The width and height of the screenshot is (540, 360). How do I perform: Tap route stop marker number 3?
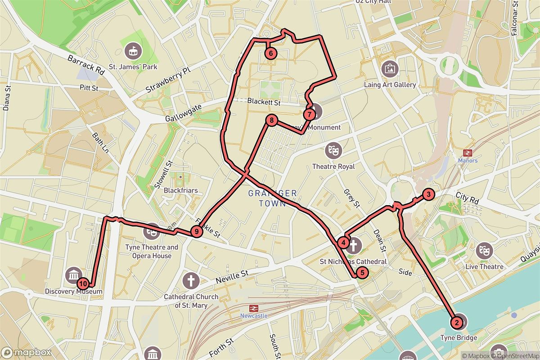coord(428,195)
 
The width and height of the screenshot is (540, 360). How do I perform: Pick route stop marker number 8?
coord(272,121)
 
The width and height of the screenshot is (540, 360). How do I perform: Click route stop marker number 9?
coord(195,232)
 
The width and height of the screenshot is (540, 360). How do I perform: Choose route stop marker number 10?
coord(83,284)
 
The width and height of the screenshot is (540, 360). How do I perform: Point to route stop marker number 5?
coord(362,272)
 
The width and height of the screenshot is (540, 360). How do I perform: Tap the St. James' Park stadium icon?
coord(133,50)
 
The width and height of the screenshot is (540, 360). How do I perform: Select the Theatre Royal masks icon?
coord(333,150)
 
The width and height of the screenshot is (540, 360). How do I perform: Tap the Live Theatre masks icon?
coord(484,250)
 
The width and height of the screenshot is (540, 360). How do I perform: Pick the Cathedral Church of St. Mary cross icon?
coord(191,281)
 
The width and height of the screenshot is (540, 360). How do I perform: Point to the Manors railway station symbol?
coord(468,153)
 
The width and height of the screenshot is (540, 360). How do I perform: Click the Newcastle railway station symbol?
coord(254,308)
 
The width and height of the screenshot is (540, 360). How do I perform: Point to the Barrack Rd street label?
coord(86,65)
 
